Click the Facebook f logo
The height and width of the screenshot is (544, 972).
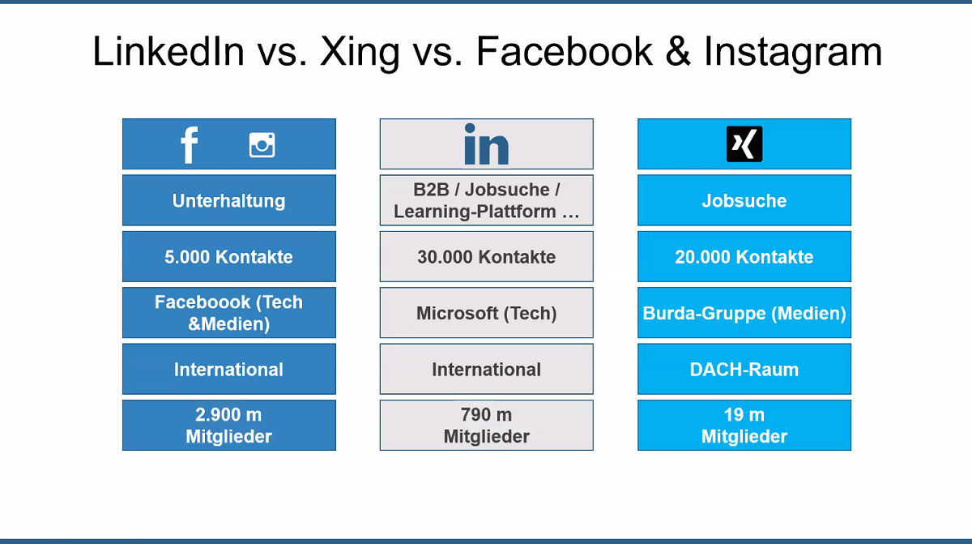[190, 145]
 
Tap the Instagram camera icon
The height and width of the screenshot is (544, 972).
[262, 144]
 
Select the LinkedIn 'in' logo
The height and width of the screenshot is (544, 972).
[487, 144]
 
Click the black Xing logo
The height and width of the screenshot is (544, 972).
[744, 144]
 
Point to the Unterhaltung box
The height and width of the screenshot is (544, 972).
[229, 200]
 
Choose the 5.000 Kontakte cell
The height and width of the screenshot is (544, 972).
[229, 256]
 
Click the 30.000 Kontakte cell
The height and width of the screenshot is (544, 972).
[487, 256]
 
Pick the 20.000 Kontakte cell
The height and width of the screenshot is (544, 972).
[744, 256]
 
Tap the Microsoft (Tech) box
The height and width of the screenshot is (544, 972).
[487, 313]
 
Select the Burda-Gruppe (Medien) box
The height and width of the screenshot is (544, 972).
[744, 313]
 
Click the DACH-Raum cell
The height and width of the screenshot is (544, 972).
[744, 369]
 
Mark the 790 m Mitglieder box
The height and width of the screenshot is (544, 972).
[487, 425]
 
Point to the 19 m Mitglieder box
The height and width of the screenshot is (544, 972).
[744, 425]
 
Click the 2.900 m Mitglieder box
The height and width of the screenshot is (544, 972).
[229, 425]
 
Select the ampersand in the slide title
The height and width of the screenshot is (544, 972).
[678, 51]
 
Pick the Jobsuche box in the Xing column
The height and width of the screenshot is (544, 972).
[744, 200]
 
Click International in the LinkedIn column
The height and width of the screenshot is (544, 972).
[487, 369]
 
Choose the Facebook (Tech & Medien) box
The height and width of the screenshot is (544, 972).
[229, 313]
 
